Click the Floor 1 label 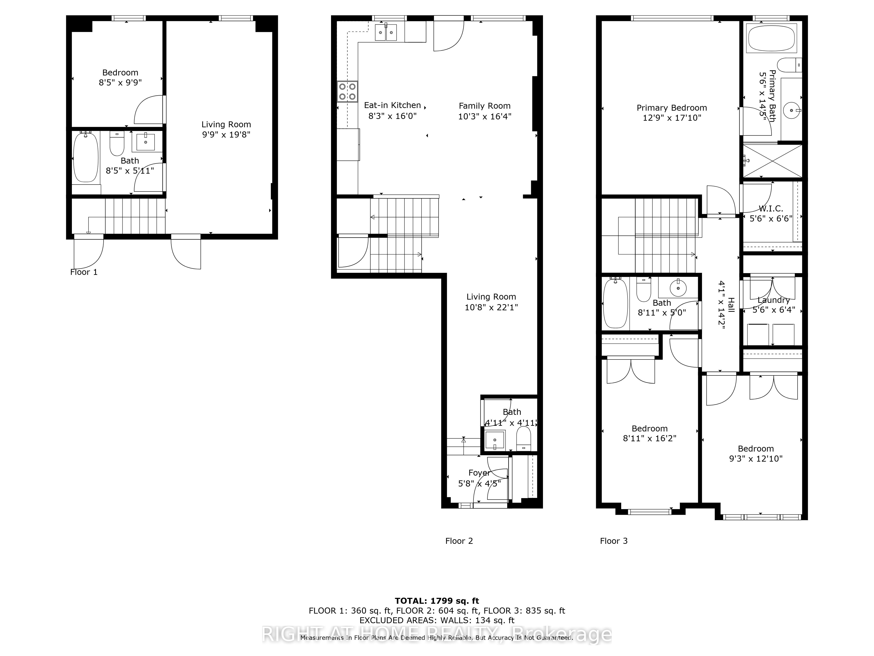tap(84, 272)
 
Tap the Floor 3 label tap(614, 541)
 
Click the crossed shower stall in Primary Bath tap(772, 161)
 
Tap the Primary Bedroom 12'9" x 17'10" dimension tap(672, 118)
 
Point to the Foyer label tap(479, 473)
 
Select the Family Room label tap(484, 106)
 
